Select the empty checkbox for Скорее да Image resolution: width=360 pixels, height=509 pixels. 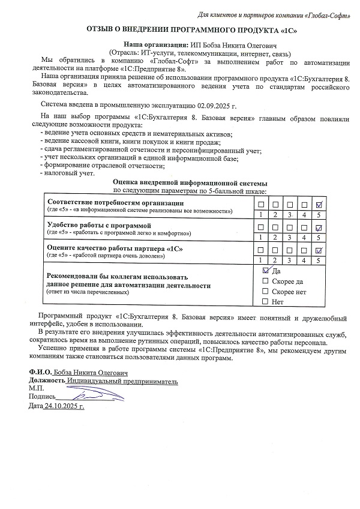[x=266, y=281]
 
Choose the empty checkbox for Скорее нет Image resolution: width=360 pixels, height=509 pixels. [x=266, y=291]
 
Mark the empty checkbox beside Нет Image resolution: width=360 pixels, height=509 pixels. [x=266, y=301]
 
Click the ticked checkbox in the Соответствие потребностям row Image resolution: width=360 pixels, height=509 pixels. [x=320, y=204]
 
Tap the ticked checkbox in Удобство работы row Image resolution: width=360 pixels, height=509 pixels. [x=320, y=227]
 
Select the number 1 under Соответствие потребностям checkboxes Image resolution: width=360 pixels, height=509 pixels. [x=261, y=214]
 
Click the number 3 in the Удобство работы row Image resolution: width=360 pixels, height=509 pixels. [x=290, y=237]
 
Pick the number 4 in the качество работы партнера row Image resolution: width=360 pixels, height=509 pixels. [x=305, y=259]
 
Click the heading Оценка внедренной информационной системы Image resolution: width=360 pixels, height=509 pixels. [x=190, y=183]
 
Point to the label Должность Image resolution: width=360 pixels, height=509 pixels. [x=47, y=381]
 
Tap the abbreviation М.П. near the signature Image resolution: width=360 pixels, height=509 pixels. [x=37, y=388]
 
